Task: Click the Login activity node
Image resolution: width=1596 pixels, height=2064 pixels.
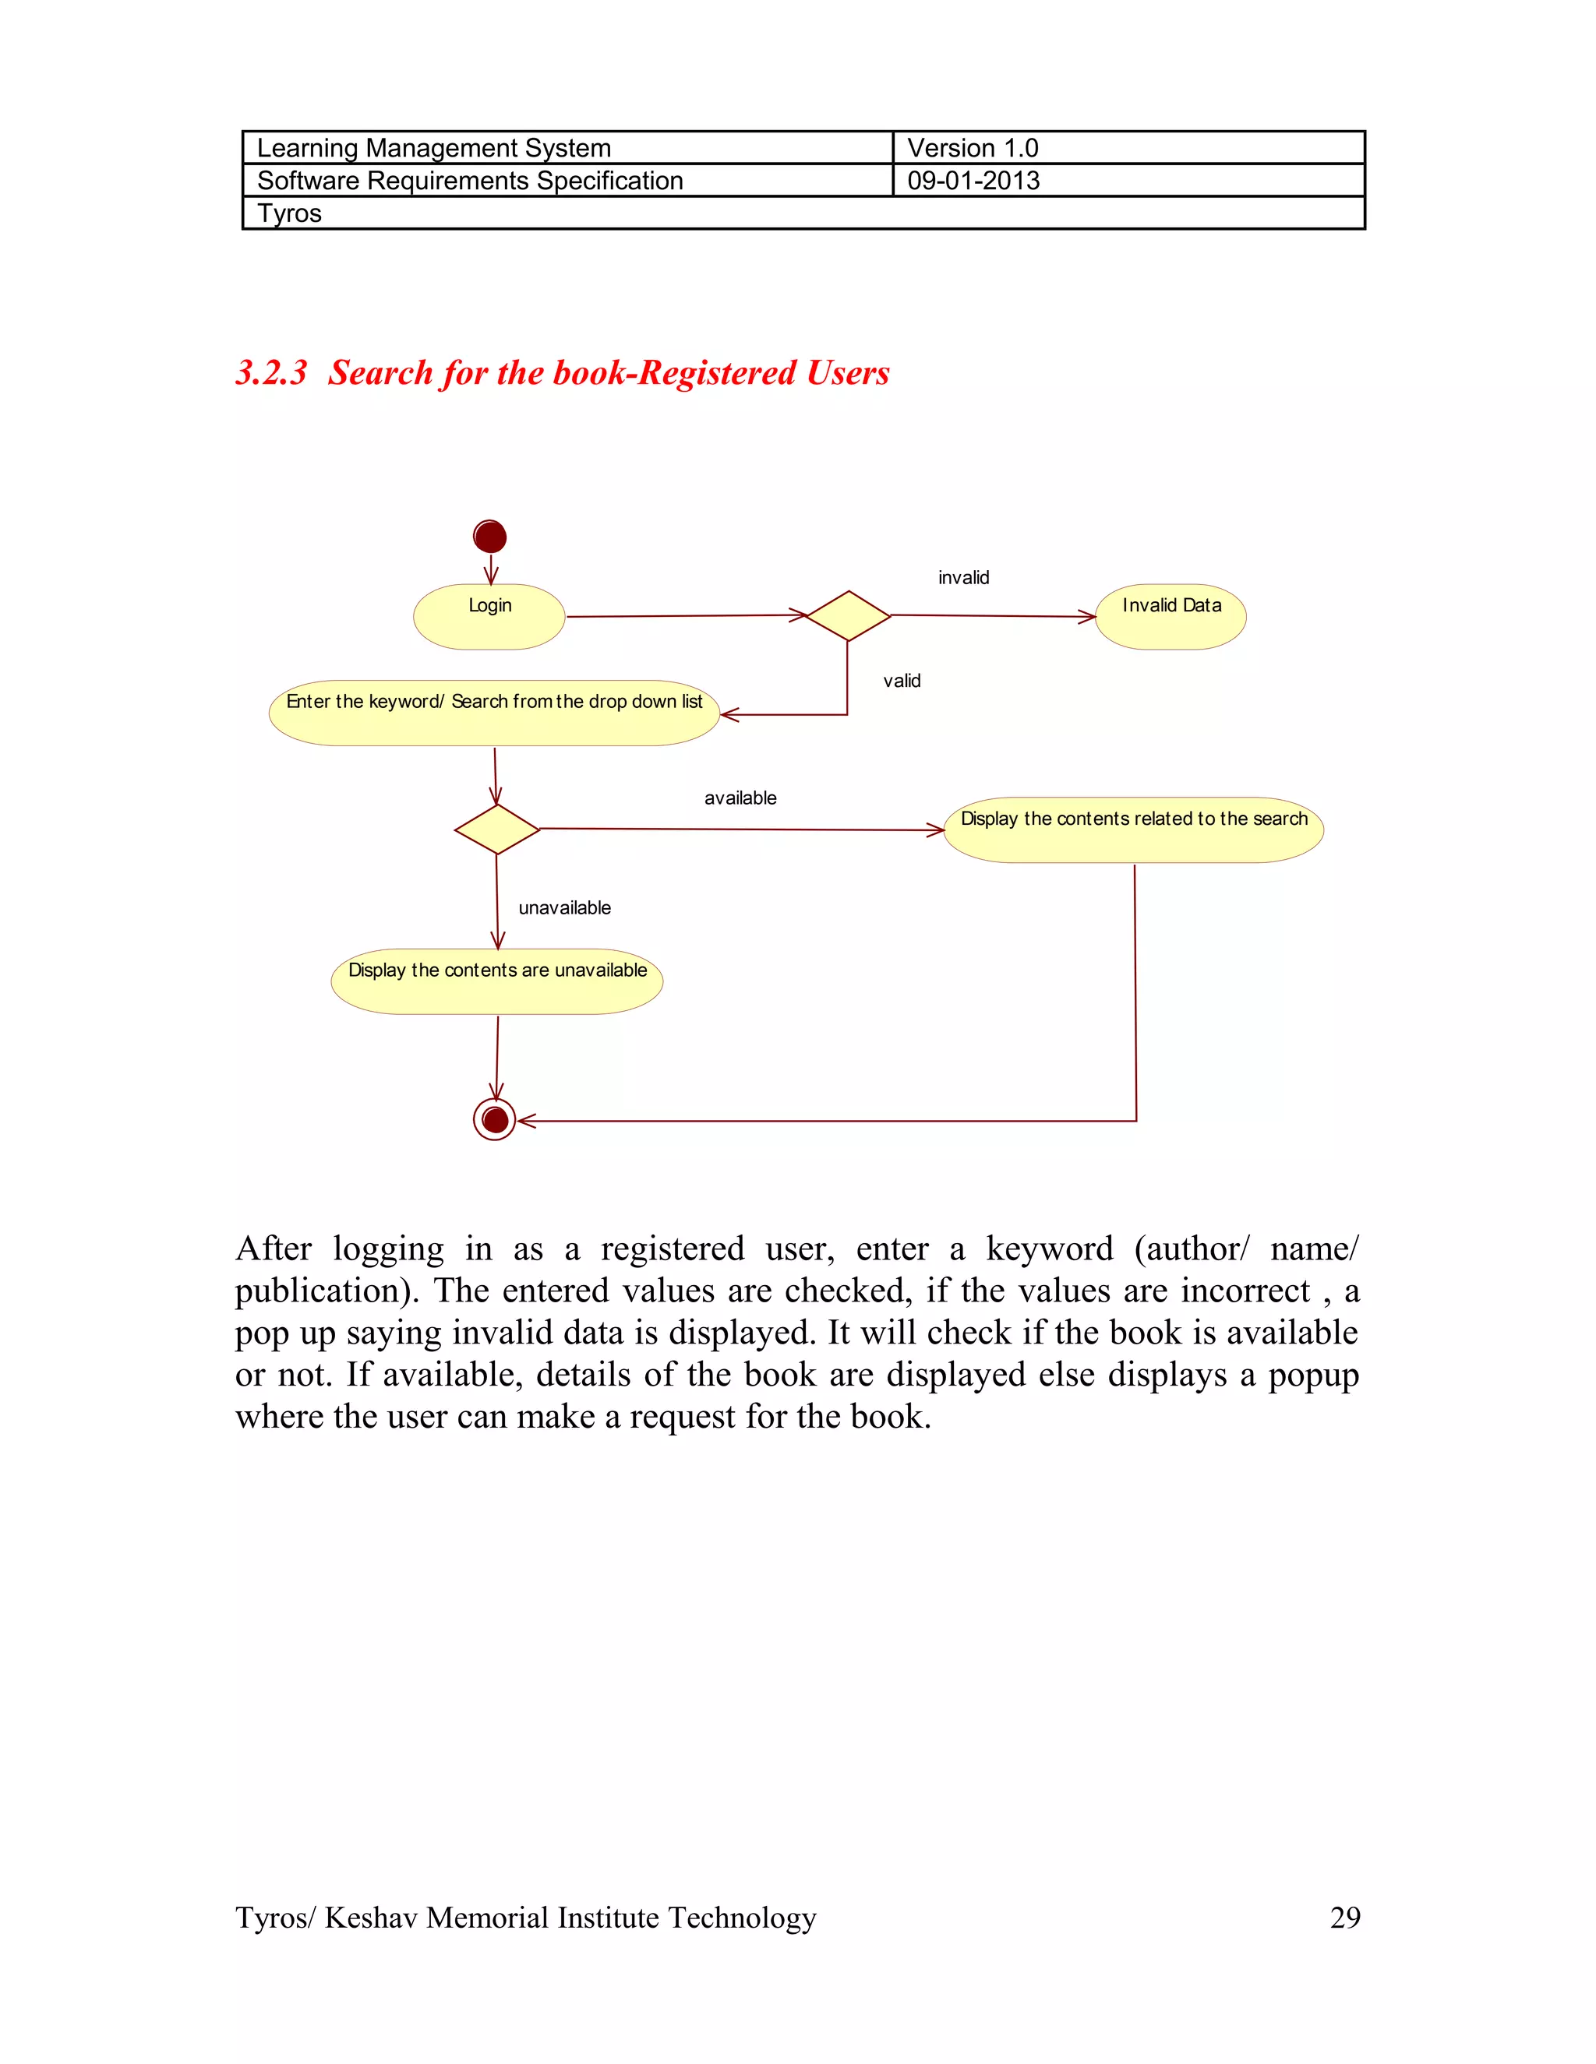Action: [x=489, y=616]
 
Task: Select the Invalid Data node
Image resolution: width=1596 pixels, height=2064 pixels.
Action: [x=1171, y=616]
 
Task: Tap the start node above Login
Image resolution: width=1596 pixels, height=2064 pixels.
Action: [x=489, y=537]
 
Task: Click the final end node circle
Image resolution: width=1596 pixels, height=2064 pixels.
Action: [x=495, y=1120]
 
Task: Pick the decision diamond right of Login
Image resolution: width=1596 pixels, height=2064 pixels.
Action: [x=848, y=616]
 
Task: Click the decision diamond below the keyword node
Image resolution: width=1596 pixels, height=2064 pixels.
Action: [x=496, y=829]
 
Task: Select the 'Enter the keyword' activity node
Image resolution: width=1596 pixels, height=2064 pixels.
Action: [x=495, y=713]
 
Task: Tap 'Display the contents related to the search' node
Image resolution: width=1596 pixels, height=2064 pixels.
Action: [x=1134, y=829]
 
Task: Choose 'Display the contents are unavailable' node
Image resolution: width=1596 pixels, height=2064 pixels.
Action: [x=496, y=981]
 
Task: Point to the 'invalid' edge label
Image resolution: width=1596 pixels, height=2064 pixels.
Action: [x=963, y=577]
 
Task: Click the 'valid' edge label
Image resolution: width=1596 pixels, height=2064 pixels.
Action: [x=901, y=681]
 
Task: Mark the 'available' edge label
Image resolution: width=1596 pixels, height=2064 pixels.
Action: [x=740, y=798]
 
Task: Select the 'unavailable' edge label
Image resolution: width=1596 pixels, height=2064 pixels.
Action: [x=564, y=907]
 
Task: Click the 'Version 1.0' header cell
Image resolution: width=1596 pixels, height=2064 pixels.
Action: [x=973, y=148]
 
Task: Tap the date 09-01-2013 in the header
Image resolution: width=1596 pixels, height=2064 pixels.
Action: [x=973, y=181]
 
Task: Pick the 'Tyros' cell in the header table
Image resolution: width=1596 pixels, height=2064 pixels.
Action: [x=289, y=213]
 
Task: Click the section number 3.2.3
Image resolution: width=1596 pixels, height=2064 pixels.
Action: [x=271, y=372]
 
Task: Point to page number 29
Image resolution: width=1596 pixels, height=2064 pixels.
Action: [x=1344, y=1917]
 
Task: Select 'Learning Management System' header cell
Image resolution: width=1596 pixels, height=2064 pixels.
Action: [x=434, y=148]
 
